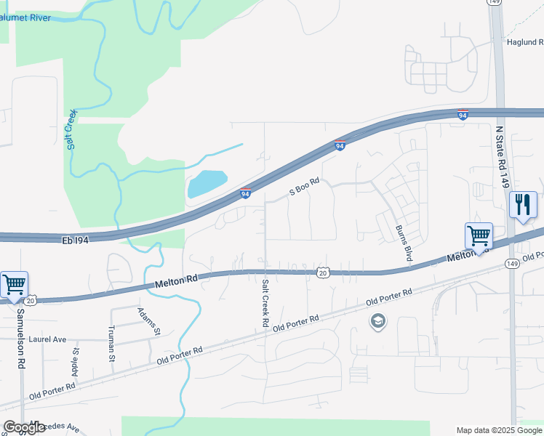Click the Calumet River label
pyautogui.click(x=26, y=17)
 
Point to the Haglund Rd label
pyautogui.click(x=524, y=42)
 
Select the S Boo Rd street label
pyautogui.click(x=305, y=187)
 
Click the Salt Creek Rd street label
pyautogui.click(x=265, y=302)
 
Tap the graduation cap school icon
pyautogui.click(x=377, y=321)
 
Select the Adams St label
pyautogui.click(x=148, y=322)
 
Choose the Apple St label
pyautogui.click(x=75, y=360)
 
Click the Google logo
pyautogui.click(x=24, y=427)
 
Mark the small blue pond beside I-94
pyautogui.click(x=207, y=184)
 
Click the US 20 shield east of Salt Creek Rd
pyautogui.click(x=322, y=272)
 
